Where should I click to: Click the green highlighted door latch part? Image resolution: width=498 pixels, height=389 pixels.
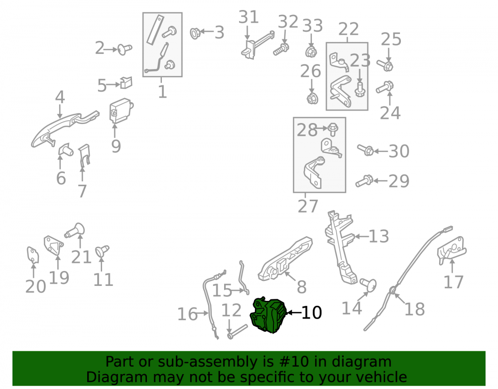click(x=268, y=315)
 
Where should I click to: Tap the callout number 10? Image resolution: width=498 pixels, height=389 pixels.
click(x=311, y=313)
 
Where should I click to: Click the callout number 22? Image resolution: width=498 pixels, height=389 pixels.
click(x=349, y=29)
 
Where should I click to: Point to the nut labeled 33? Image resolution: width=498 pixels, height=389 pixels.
click(x=311, y=52)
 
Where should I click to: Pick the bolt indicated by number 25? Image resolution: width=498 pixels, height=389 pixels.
click(x=385, y=65)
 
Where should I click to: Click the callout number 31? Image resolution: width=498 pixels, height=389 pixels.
click(x=249, y=17)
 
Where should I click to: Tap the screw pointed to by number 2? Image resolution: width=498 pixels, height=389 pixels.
click(x=125, y=49)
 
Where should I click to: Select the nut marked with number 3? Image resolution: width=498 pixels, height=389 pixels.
click(x=195, y=33)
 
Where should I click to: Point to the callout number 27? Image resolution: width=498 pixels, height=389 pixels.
click(x=308, y=206)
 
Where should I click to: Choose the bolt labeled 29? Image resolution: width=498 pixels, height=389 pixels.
click(x=364, y=181)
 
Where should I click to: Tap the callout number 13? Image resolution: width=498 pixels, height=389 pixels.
click(x=378, y=237)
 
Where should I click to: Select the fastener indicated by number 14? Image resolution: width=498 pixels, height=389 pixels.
click(x=368, y=284)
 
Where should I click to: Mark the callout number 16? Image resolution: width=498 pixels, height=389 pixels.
click(x=187, y=314)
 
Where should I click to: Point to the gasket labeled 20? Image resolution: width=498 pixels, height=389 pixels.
click(x=33, y=256)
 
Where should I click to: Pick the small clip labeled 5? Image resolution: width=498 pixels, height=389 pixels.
click(x=126, y=83)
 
